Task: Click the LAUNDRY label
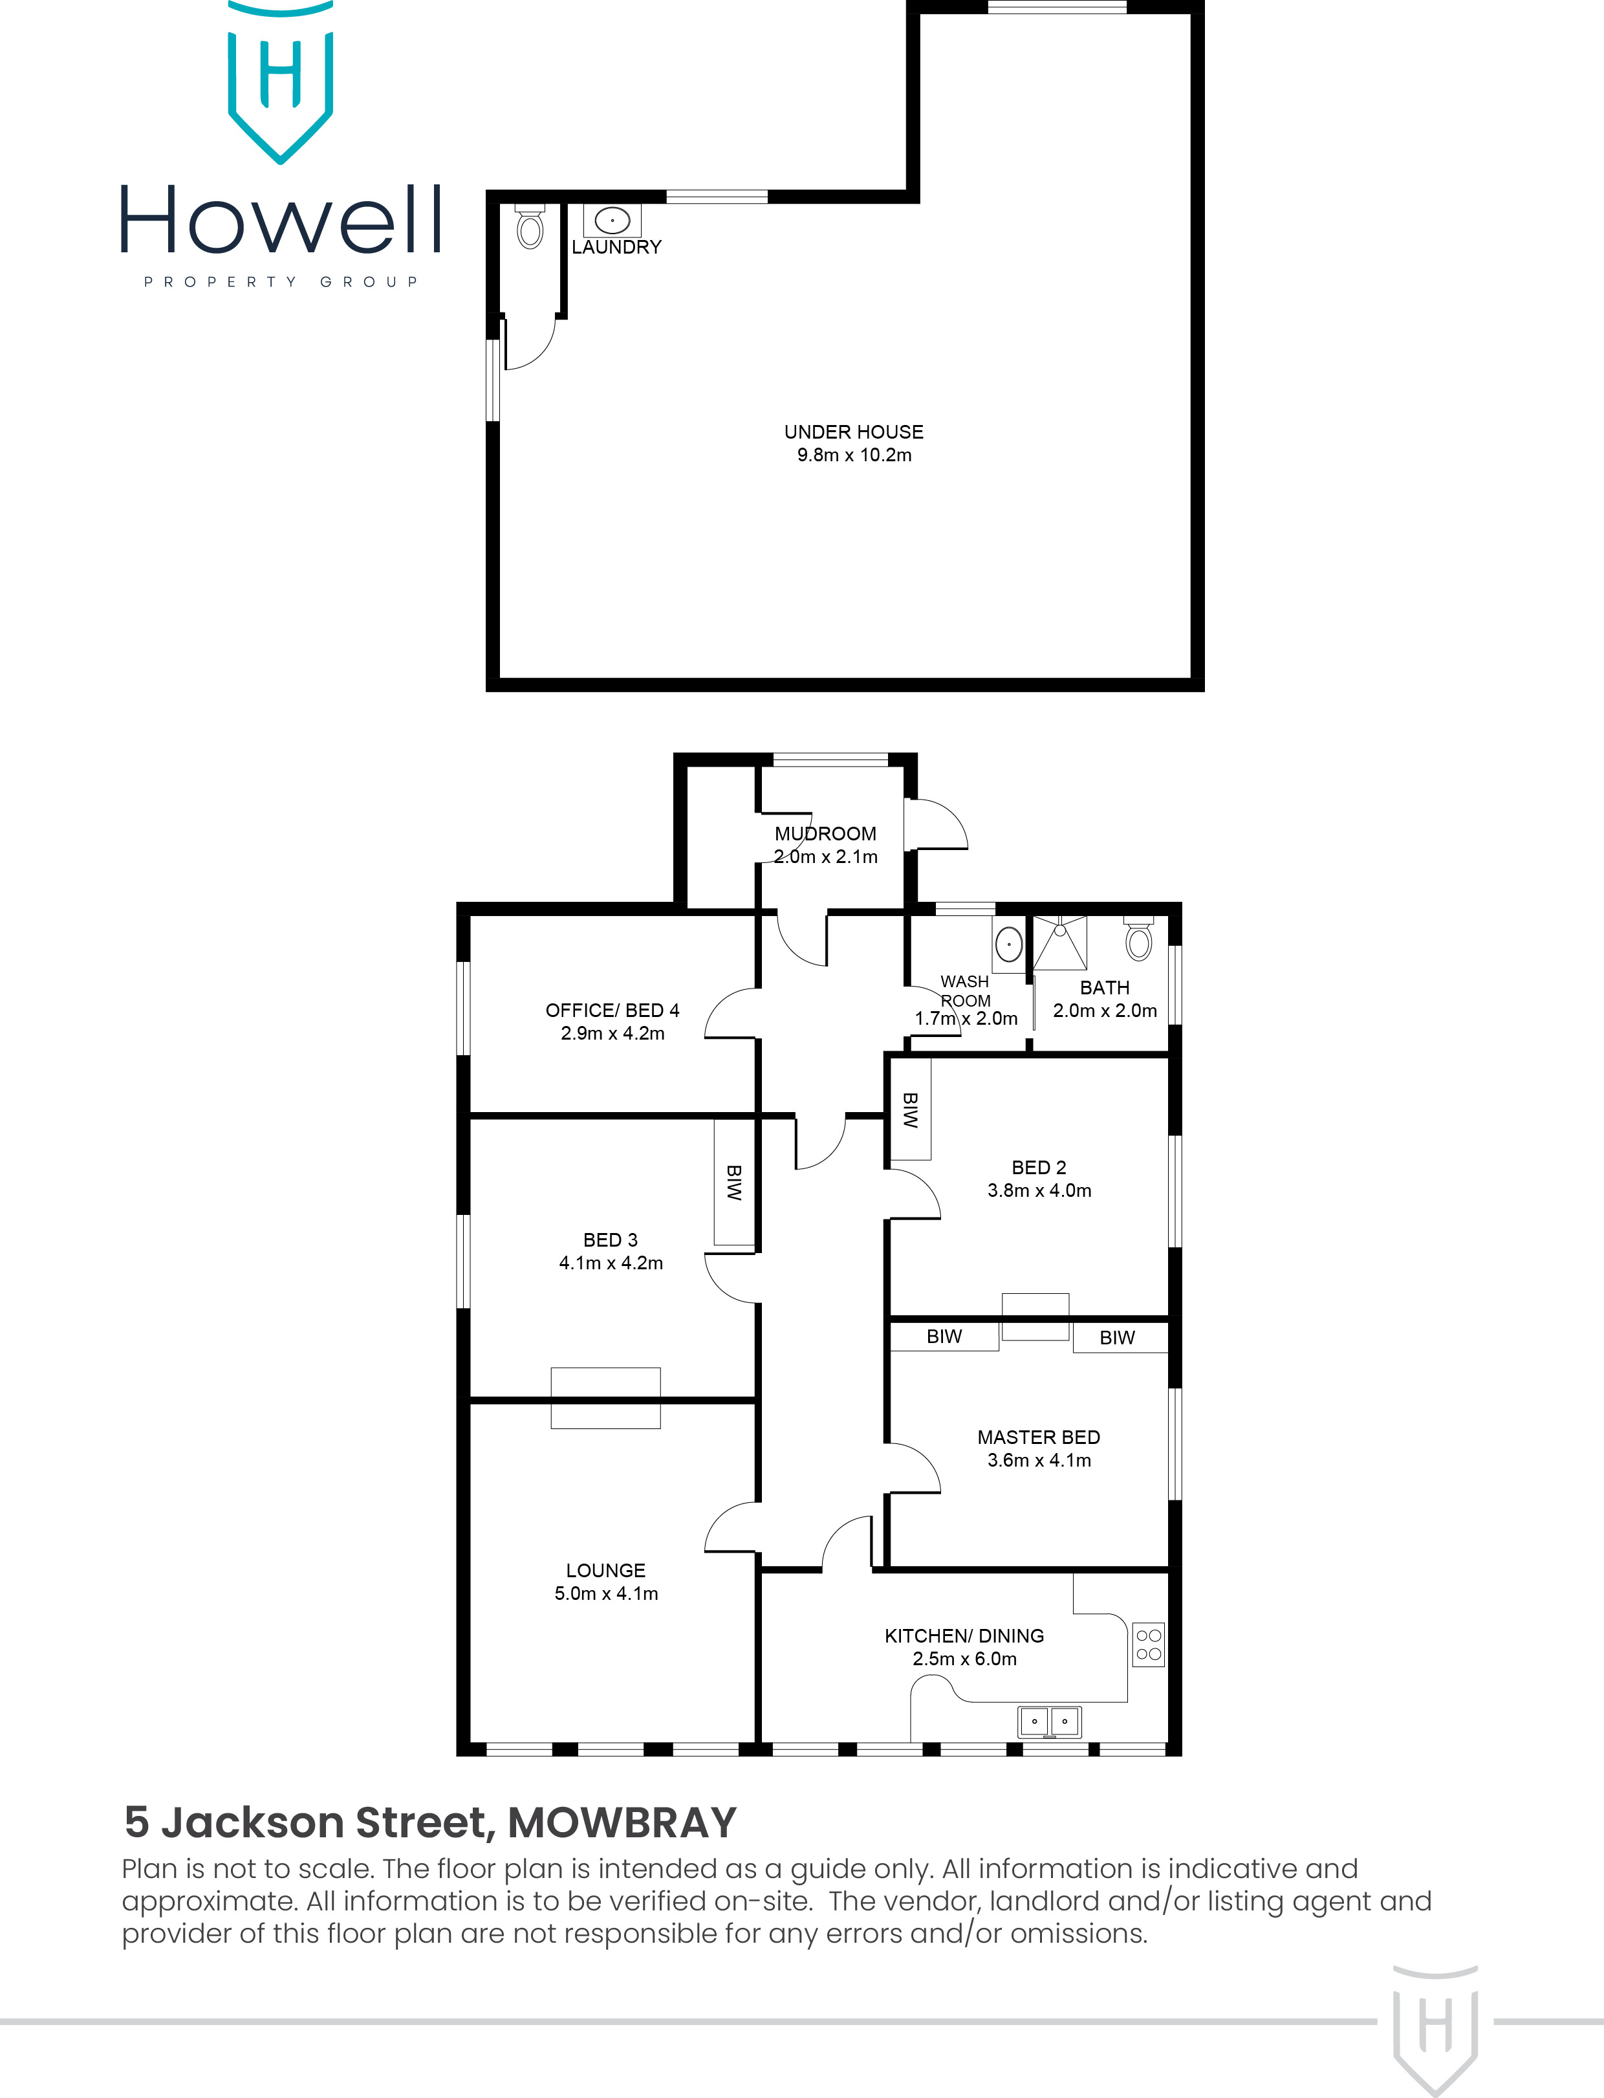click(x=616, y=247)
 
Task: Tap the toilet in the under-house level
click(x=530, y=227)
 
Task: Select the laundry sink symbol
click(x=612, y=221)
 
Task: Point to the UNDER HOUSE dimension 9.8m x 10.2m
click(x=854, y=455)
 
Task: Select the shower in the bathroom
click(x=1060, y=943)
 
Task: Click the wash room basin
click(x=1009, y=945)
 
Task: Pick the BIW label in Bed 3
click(x=734, y=1182)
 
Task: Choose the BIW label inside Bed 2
click(x=911, y=1109)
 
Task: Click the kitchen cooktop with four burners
click(x=1149, y=1645)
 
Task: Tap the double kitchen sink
click(x=1049, y=1721)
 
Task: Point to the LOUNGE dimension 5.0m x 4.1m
click(x=606, y=1593)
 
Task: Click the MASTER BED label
click(x=1039, y=1437)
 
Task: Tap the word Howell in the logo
click(x=281, y=221)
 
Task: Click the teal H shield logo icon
click(x=281, y=81)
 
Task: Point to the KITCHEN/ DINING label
click(x=964, y=1636)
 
